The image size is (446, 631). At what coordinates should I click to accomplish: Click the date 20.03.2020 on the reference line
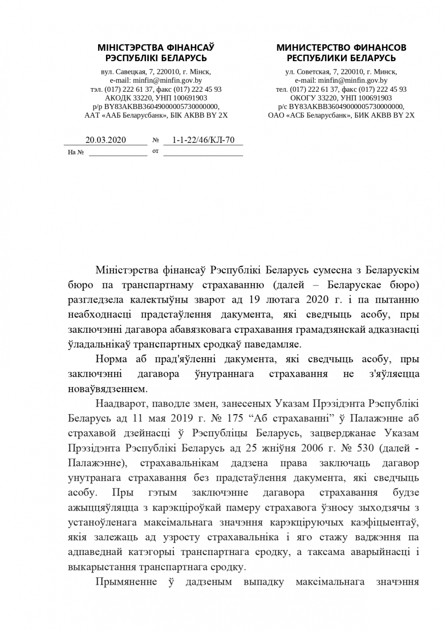coord(105,140)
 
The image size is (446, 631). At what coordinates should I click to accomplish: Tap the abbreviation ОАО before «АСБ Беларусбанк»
coord(276,115)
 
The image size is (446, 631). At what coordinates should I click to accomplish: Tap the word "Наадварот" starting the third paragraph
coord(119,404)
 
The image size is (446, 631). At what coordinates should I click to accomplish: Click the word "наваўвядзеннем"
coord(107,388)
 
